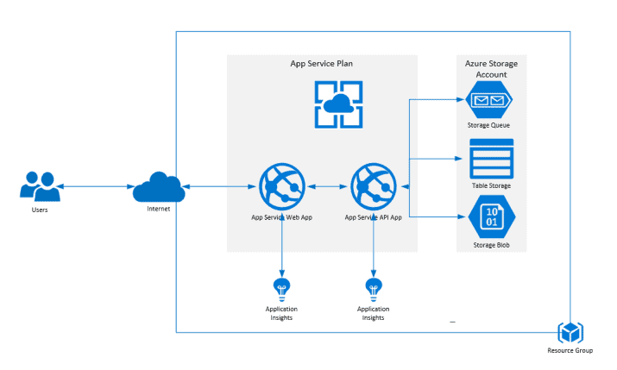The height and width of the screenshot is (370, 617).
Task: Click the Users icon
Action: (40, 186)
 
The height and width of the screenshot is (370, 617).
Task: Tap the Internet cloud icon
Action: (157, 185)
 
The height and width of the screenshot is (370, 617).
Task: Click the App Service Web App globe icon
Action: (281, 186)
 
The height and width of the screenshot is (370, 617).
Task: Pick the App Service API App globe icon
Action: (373, 186)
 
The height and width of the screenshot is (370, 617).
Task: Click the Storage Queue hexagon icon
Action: (489, 101)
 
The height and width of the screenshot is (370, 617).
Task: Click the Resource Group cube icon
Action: (570, 332)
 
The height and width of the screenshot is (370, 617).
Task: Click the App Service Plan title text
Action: (321, 64)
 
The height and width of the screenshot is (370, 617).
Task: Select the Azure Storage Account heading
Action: (489, 69)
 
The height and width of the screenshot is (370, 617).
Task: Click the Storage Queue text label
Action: (489, 125)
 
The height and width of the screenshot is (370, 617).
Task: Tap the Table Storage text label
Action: (489, 185)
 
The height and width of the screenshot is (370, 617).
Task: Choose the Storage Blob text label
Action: (489, 245)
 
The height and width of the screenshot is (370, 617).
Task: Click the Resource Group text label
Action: (570, 350)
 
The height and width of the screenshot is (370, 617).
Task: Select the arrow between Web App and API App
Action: (328, 186)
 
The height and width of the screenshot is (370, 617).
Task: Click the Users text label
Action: (39, 209)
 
